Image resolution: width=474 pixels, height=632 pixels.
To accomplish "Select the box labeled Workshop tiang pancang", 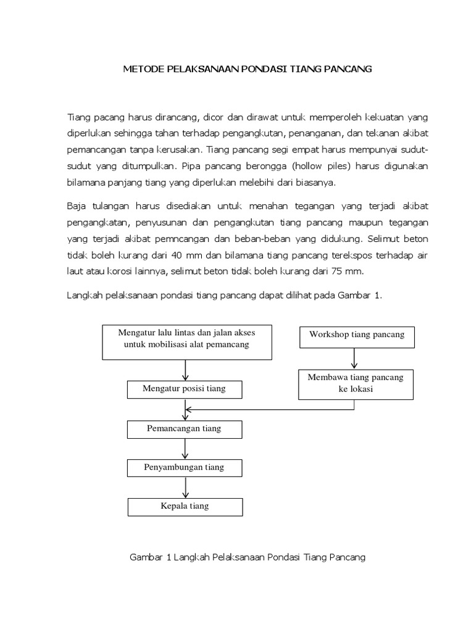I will [x=357, y=335].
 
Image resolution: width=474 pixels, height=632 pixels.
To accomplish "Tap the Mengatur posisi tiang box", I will [x=185, y=389].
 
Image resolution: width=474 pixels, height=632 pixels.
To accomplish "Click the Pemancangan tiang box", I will [x=185, y=428].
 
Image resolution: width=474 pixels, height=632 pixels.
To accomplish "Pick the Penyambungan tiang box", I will [x=185, y=468].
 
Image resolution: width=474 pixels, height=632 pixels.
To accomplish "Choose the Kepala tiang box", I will [x=185, y=506].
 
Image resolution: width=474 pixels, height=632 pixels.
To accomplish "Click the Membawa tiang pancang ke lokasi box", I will [x=357, y=384].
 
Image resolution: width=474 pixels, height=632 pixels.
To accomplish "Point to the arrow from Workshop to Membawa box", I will [x=354, y=359].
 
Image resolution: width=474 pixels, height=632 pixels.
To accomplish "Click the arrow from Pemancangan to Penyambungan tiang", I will [x=186, y=448].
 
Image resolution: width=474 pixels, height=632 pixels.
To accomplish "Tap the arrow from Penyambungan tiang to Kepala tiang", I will [x=186, y=488].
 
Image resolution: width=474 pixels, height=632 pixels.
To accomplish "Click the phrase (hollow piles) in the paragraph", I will [x=322, y=166].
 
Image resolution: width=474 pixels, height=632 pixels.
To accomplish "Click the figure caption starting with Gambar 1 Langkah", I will [x=247, y=557].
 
